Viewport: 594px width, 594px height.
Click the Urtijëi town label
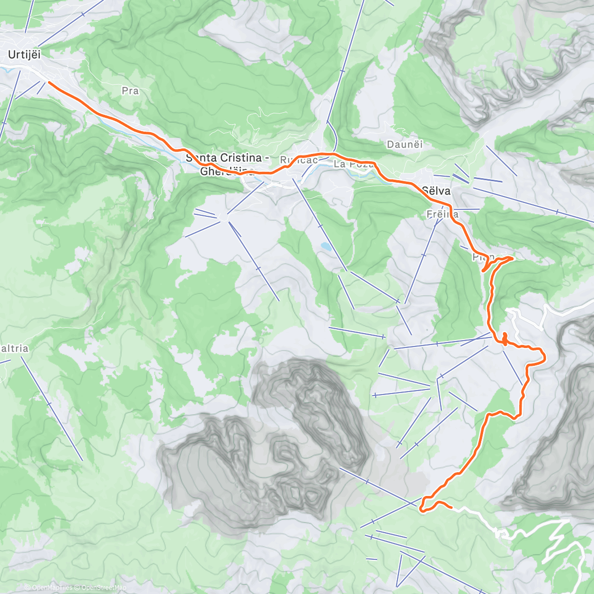click(x=24, y=55)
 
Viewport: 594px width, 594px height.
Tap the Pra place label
click(x=130, y=91)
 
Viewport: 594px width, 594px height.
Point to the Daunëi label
click(x=405, y=145)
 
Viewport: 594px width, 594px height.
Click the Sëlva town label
click(x=436, y=190)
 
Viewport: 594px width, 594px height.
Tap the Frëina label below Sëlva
click(x=443, y=214)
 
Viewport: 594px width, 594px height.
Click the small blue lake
click(x=325, y=246)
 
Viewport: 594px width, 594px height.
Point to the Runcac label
click(x=298, y=160)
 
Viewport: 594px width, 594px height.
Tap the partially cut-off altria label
click(x=14, y=348)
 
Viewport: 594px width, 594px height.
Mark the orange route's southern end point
click(x=451, y=507)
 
